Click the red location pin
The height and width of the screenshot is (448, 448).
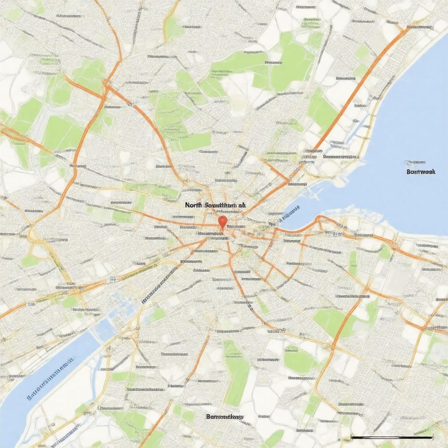[x=222, y=221]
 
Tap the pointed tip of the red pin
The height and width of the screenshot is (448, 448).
[x=222, y=229]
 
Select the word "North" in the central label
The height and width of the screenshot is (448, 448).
[x=193, y=205]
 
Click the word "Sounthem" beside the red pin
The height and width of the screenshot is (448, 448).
[x=219, y=205]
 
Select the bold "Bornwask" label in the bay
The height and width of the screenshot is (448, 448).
[x=420, y=172]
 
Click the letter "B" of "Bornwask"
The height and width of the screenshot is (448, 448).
[x=408, y=172]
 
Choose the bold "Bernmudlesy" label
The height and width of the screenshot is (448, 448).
[x=225, y=417]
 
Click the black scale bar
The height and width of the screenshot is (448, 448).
[x=392, y=437]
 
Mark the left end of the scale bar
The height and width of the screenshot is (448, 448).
[x=352, y=437]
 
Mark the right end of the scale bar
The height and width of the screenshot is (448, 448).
[x=432, y=437]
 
